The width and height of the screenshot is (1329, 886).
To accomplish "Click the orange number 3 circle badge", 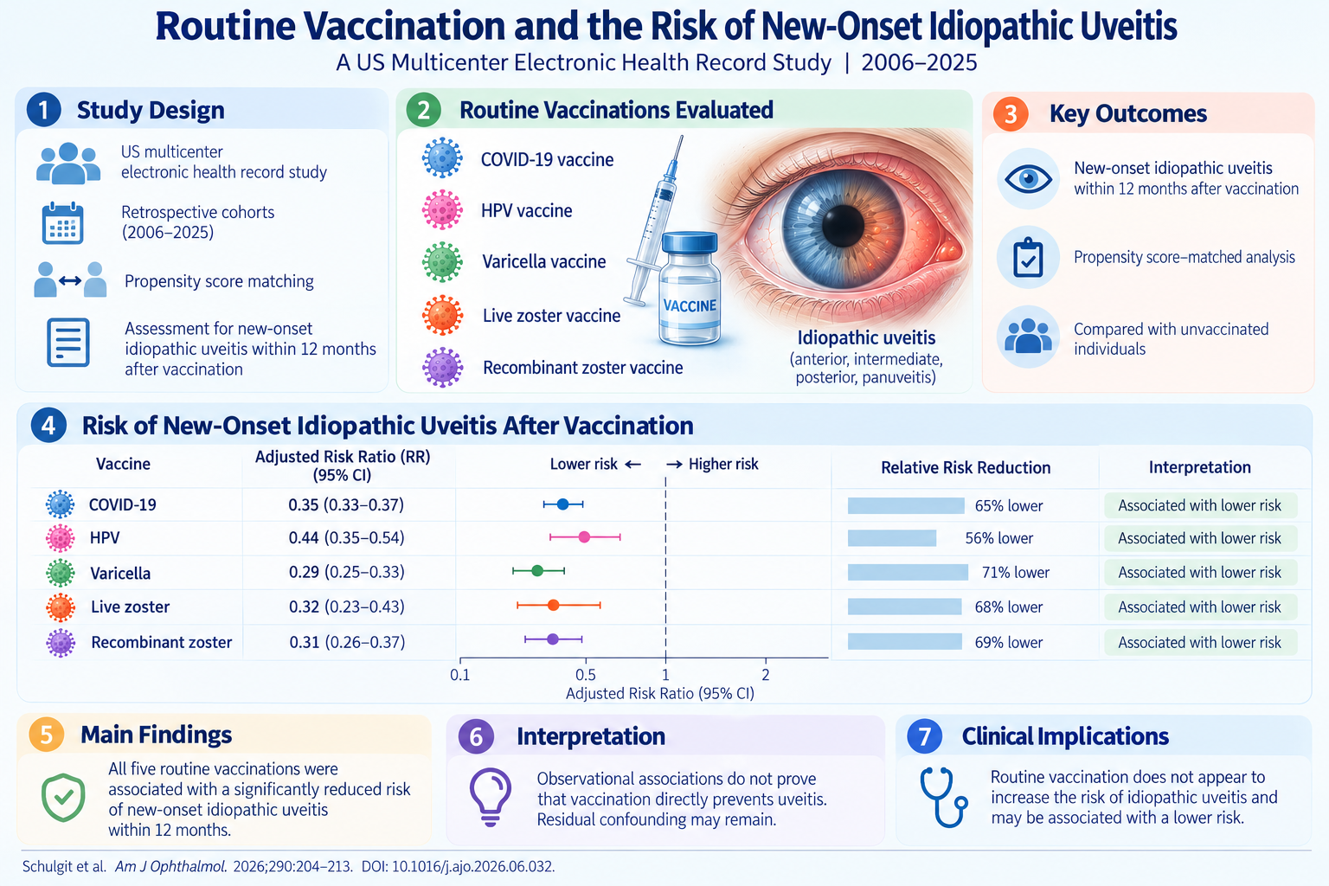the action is [1011, 113].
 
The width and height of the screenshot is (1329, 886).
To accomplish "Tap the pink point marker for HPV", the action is [584, 537].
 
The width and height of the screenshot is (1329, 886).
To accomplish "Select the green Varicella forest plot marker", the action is [537, 571].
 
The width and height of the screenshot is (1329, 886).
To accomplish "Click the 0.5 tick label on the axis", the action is [586, 675].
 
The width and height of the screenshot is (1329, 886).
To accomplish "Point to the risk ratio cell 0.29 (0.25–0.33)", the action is [346, 572].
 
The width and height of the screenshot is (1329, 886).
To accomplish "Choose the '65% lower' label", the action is [1009, 505].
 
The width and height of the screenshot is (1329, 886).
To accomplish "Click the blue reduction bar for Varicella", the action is [908, 572].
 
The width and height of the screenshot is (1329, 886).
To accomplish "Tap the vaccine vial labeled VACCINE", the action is [690, 288].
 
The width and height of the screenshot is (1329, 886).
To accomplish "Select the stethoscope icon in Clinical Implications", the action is [943, 797].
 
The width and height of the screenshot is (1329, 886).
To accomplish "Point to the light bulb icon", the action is [490, 797].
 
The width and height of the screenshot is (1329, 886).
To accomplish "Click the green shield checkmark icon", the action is [63, 798].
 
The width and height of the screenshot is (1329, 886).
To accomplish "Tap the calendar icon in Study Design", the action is [63, 223].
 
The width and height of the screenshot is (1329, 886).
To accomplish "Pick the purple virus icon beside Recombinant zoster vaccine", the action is [443, 368].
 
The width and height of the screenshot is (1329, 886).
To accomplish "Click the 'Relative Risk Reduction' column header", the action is [966, 467].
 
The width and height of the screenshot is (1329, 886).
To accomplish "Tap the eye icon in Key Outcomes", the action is [1028, 178].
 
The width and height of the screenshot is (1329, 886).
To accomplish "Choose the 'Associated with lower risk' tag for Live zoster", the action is [1200, 607].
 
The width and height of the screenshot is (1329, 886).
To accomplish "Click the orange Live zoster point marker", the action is [553, 606].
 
